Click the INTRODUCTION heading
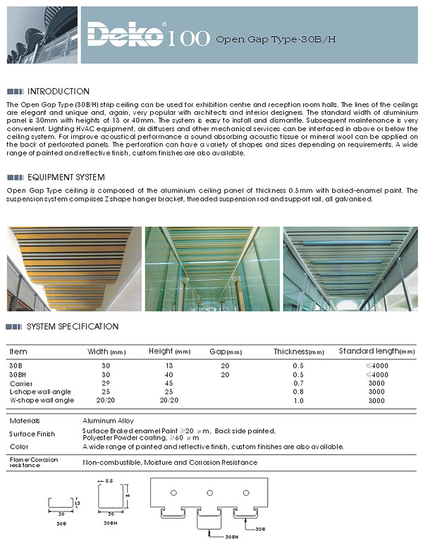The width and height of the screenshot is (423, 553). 58,92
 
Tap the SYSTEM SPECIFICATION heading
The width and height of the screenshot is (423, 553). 73,326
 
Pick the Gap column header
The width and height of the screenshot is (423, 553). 225,352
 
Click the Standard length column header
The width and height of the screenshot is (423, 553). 377,351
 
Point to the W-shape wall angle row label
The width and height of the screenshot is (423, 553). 42,400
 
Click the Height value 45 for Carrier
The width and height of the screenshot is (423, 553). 168,383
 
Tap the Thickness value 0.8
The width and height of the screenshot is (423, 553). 298,392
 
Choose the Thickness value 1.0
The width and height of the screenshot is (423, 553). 298,401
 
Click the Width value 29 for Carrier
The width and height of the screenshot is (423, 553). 106,383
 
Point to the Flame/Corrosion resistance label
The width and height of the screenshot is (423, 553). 34,462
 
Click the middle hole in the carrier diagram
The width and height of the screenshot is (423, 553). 209,492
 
